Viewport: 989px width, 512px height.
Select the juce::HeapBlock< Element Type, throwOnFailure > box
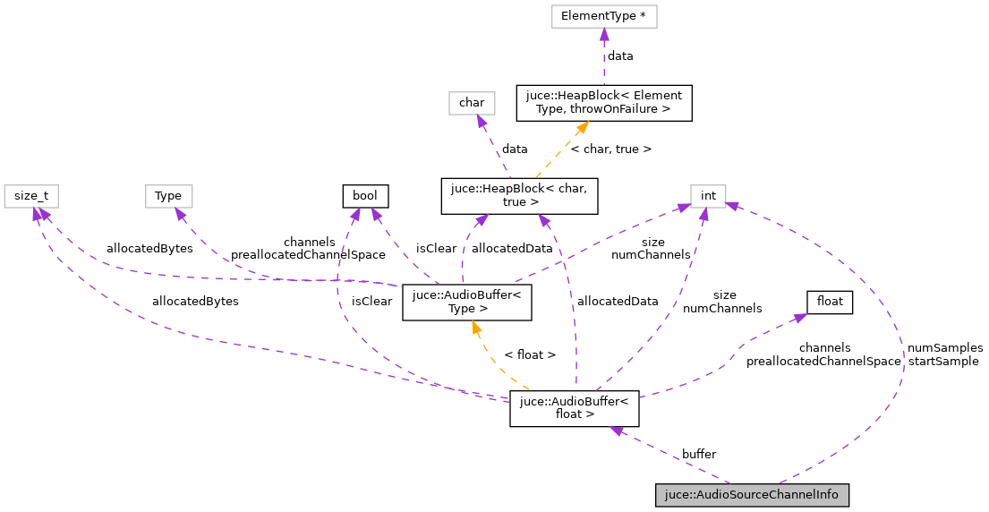tap(603, 102)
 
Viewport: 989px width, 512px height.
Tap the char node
tap(472, 102)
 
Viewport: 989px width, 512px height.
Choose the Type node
tap(168, 195)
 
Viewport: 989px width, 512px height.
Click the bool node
tap(365, 195)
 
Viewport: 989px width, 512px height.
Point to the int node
tap(707, 195)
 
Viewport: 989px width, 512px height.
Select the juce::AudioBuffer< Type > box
tap(467, 302)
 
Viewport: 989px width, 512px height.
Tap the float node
tap(830, 302)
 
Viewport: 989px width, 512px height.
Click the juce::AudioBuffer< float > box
tap(574, 408)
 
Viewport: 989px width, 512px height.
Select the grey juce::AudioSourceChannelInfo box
tap(751, 494)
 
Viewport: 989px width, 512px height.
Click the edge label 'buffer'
tap(698, 454)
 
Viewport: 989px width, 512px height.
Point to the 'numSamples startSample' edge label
tap(944, 354)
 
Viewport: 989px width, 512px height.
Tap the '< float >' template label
tap(530, 354)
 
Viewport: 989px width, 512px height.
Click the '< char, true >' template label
tap(611, 149)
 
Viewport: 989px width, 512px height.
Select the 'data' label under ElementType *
tap(620, 55)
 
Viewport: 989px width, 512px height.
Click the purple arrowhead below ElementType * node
tap(604, 34)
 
